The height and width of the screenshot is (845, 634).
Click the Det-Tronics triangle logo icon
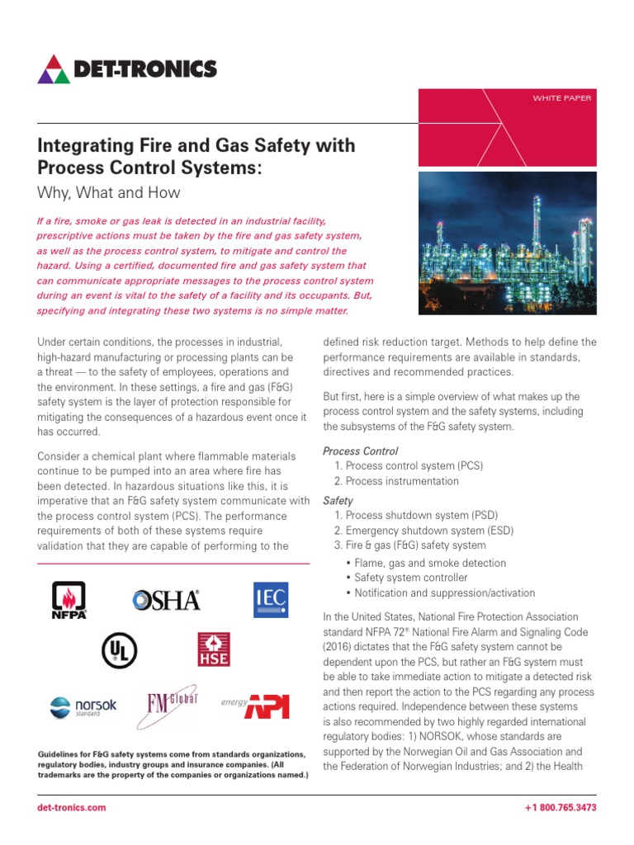point(54,68)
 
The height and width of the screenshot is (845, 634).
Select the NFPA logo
point(69,600)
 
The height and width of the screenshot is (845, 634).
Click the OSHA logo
point(167,600)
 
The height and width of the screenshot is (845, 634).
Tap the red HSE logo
point(213,649)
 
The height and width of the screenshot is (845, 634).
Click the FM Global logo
point(171,704)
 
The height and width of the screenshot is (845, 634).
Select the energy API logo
point(255,705)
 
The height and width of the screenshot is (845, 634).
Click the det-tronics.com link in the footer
point(72,807)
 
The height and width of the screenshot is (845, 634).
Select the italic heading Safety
point(338,501)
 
